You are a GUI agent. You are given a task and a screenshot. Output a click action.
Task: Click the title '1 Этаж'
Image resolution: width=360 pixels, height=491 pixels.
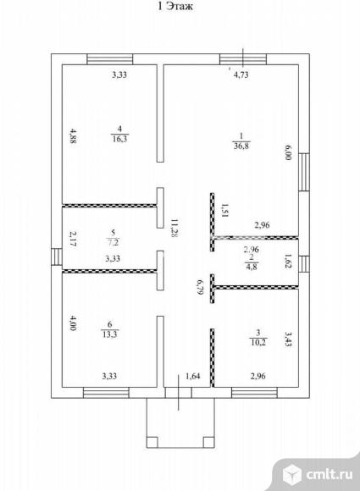pos(175,6)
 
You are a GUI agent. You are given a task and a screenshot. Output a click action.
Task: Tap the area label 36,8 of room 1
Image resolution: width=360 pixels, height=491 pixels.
pos(241,146)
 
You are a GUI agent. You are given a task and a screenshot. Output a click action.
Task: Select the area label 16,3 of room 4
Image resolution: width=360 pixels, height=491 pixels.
pos(120,138)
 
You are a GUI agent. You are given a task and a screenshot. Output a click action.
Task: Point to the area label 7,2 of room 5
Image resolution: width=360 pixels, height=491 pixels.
pos(114,242)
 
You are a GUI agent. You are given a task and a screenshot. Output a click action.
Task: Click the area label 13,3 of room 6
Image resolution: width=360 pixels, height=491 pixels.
pos(109,334)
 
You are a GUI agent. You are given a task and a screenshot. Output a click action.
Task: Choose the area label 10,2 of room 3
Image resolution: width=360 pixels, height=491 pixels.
pos(258,342)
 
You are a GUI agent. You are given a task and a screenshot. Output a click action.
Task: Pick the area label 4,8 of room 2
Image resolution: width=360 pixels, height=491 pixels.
pos(252,267)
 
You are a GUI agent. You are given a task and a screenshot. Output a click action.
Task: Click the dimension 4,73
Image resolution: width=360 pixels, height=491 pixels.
pos(241,74)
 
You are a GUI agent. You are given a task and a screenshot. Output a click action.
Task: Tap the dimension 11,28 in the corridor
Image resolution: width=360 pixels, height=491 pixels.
pos(174,229)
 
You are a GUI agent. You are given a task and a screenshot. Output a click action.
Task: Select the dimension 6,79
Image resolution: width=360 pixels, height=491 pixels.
pos(199,287)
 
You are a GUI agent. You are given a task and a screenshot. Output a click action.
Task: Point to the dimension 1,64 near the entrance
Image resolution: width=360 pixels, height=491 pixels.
pos(192,376)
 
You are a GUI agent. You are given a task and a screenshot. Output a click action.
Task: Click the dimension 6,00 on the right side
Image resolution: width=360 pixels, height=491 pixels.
pos(288,152)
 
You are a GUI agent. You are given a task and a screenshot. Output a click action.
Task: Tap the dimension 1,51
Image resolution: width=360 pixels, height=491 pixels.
pos(225,210)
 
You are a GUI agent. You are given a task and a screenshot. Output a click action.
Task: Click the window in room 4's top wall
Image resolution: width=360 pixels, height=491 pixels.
pos(109,59)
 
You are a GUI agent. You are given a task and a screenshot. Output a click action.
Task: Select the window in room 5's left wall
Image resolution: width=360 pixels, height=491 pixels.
pos(57,257)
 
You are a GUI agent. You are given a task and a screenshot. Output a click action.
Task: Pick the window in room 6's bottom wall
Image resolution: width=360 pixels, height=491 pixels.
pos(106,393)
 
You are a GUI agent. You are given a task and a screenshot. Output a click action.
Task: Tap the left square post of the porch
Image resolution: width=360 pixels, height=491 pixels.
pos(152,442)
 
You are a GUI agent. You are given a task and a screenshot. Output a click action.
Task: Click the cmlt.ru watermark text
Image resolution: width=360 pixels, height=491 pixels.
pos(329,474)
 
